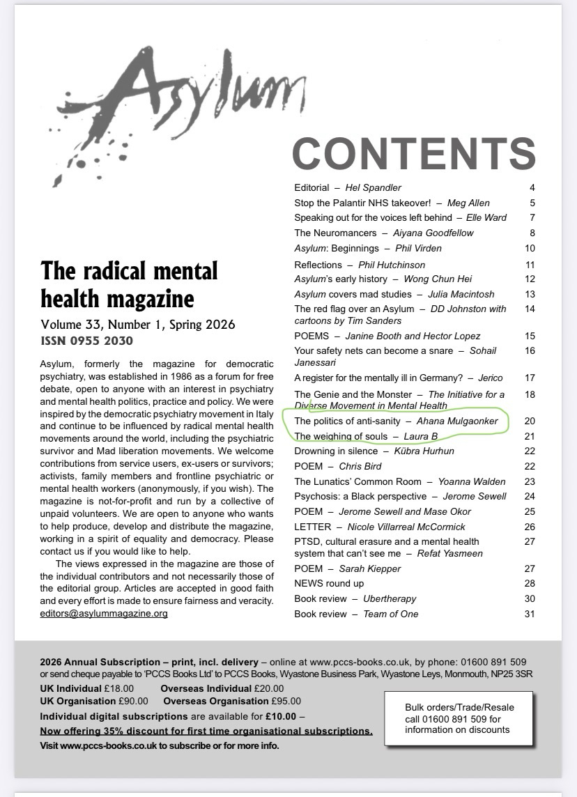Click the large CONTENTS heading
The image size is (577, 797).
413,153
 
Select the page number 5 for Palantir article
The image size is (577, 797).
532,203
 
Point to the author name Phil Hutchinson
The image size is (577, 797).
391,265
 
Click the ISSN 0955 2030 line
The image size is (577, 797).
86,341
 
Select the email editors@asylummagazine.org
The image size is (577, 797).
104,614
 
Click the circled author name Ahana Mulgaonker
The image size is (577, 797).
457,421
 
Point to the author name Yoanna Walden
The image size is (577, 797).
472,481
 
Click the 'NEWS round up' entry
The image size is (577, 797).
329,583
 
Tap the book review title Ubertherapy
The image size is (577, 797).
390,598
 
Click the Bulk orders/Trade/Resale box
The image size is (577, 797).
459,718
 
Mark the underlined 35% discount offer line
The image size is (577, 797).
206,731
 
